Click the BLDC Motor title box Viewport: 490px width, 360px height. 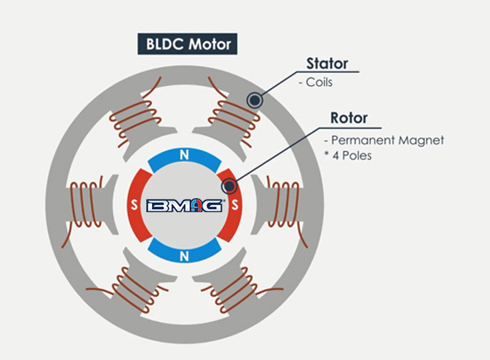(187, 43)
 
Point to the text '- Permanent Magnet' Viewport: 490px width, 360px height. (384, 140)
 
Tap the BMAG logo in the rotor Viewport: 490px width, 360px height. (184, 206)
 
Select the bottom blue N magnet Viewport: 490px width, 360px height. (184, 254)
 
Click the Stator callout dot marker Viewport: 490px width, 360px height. (255, 100)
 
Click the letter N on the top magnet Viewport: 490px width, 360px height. (184, 154)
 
